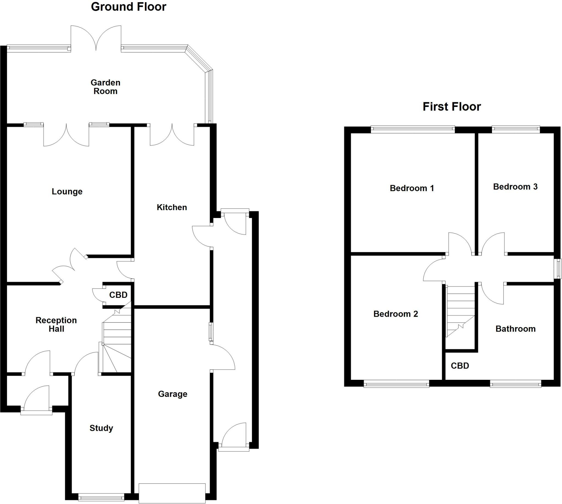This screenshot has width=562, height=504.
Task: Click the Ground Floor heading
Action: (128, 7)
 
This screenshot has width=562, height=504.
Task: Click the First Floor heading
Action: (451, 107)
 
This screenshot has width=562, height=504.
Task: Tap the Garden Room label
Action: (105, 87)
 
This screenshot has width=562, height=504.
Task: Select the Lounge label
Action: (67, 191)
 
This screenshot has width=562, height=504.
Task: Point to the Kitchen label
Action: (172, 207)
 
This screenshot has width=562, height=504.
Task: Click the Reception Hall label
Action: (56, 324)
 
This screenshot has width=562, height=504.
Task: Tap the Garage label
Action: (172, 394)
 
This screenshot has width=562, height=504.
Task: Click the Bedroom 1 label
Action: (412, 188)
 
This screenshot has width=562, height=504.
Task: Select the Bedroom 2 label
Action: (395, 314)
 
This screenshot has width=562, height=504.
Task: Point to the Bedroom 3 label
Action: (515, 187)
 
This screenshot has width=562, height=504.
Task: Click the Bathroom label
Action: (515, 329)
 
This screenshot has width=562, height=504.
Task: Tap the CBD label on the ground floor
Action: (118, 295)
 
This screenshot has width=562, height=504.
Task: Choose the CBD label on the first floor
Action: (460, 366)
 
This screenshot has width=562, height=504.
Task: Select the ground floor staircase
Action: (116, 343)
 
